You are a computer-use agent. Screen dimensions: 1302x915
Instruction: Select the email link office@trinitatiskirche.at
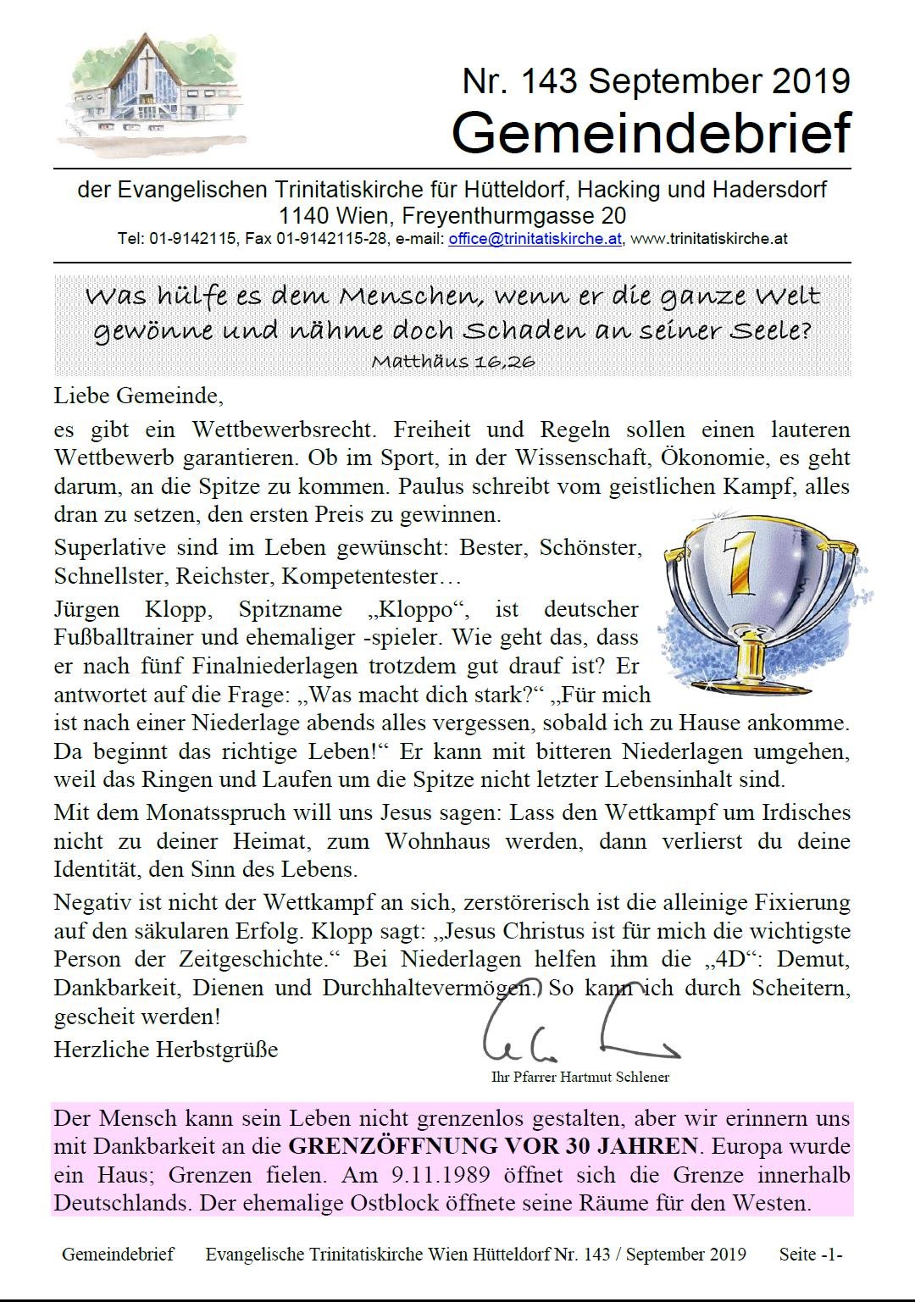535,239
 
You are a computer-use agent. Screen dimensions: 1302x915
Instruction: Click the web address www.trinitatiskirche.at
709,239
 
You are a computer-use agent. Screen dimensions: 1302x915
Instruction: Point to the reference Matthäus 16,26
452,362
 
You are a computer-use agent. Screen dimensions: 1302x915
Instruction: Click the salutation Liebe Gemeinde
138,395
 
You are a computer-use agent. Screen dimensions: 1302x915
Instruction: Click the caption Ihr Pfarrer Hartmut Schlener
580,1078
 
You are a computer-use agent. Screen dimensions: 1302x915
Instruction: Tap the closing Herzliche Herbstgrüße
166,1050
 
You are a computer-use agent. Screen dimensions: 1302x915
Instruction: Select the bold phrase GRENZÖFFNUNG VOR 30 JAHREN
493,1147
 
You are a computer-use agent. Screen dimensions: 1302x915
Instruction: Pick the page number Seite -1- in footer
810,1254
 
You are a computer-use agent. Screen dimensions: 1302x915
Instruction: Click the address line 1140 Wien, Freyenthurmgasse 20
452,215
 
